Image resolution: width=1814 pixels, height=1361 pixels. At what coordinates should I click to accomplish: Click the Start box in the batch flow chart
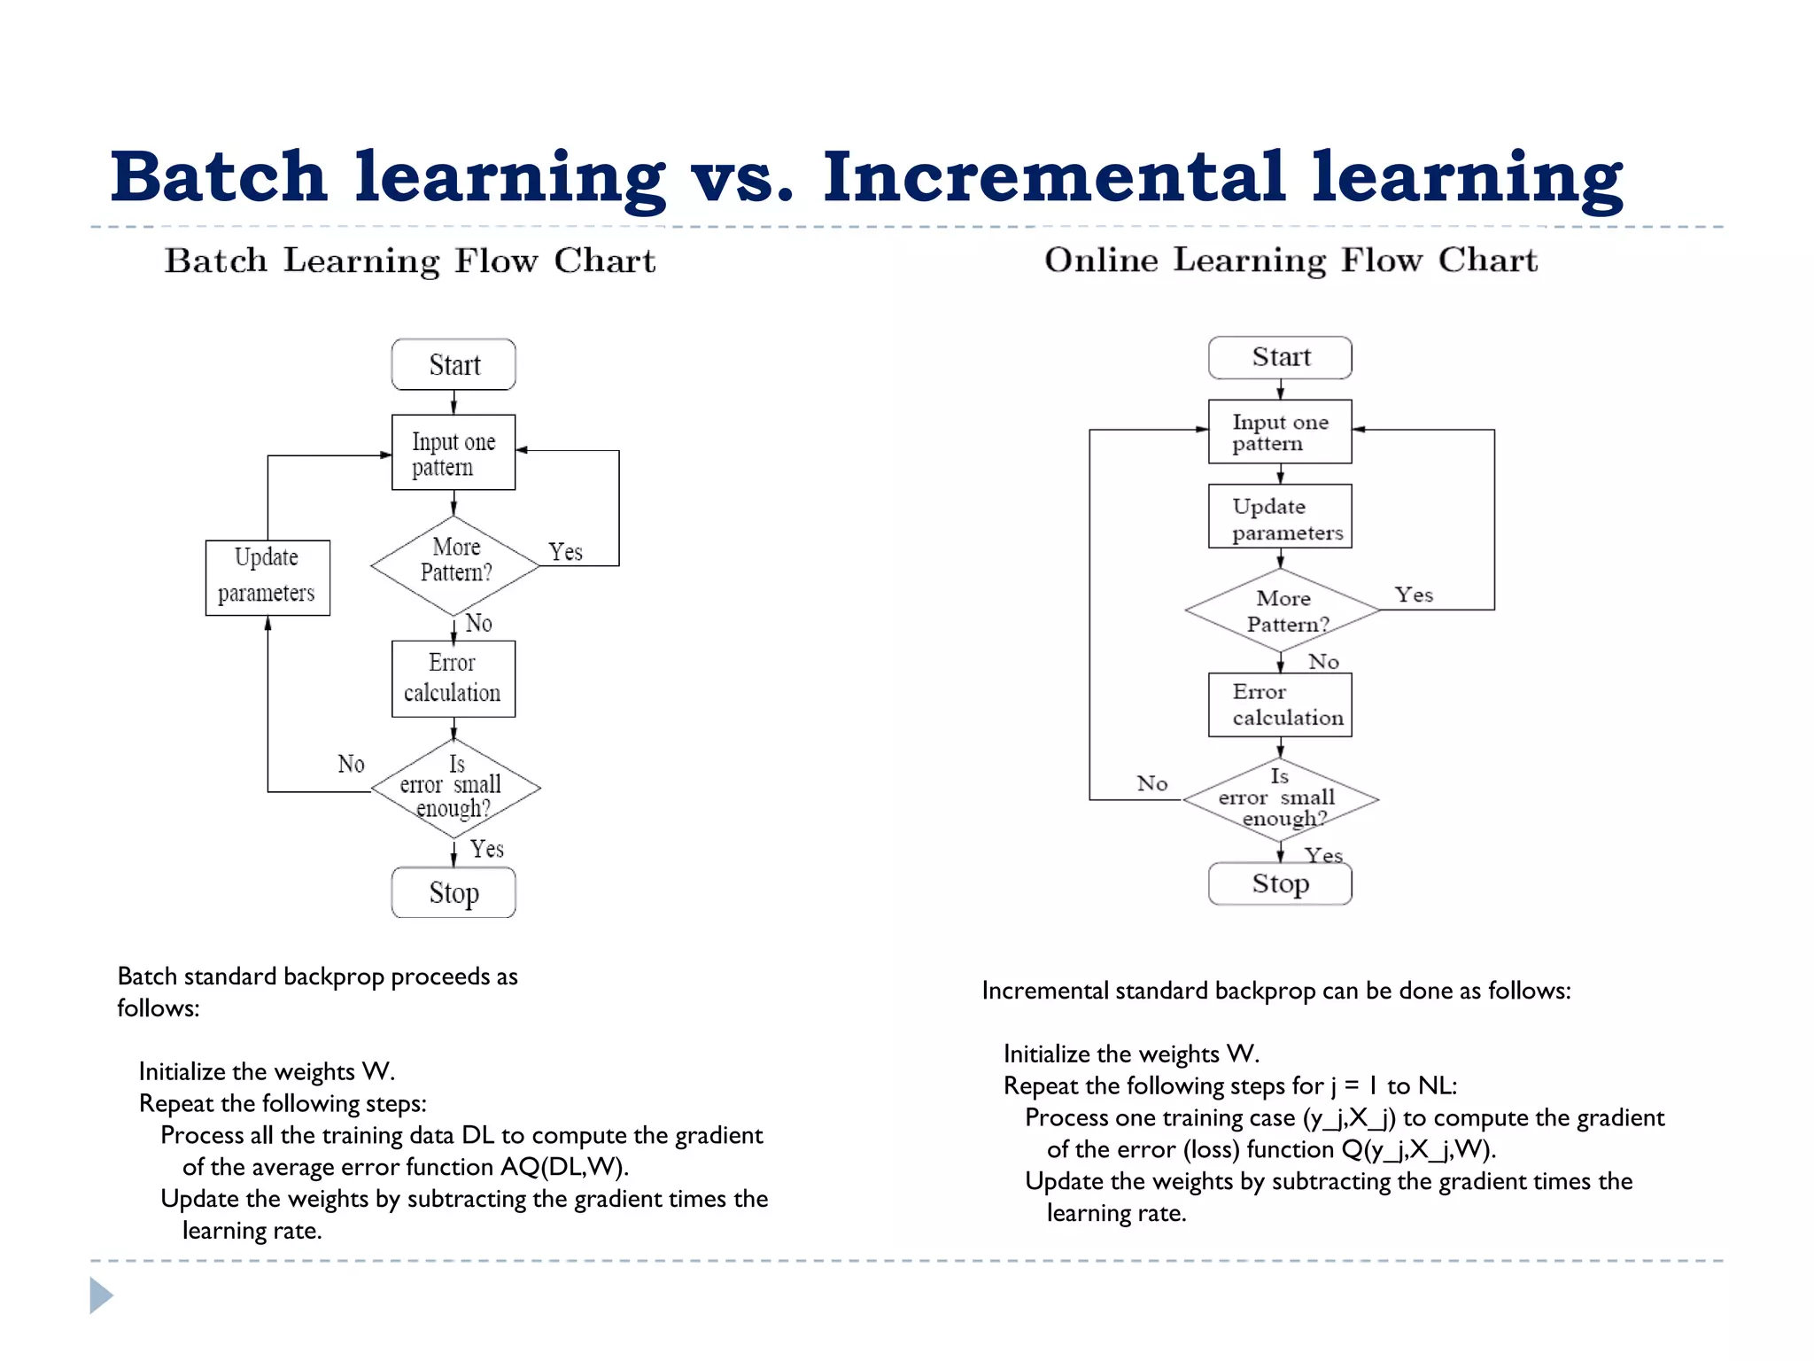point(453,364)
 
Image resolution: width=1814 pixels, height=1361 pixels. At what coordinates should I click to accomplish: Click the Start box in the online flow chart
point(1280,357)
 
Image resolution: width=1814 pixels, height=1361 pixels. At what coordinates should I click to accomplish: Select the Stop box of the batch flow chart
point(453,892)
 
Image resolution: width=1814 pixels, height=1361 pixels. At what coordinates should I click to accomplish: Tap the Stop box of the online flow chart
point(1280,883)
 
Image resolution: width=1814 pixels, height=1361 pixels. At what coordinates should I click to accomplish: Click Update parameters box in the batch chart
point(267,578)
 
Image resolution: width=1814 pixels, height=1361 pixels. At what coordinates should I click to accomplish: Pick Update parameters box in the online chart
point(1280,517)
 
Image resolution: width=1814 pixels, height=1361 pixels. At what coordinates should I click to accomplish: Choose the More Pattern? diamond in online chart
point(1282,611)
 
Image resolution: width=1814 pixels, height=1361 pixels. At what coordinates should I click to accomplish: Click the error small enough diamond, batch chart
point(454,788)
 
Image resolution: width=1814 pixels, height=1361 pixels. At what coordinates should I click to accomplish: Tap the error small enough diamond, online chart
point(1280,798)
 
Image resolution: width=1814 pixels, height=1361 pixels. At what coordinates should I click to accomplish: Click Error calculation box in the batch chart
point(453,679)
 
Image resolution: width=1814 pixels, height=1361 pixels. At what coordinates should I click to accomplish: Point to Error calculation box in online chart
point(1280,705)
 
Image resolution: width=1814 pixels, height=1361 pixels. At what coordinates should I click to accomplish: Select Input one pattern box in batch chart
point(453,453)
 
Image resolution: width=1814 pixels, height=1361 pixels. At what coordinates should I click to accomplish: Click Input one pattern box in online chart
point(1280,432)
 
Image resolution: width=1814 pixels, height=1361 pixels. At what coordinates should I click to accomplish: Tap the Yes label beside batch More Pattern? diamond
point(565,552)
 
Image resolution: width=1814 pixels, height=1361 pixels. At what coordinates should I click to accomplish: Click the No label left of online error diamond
point(1152,783)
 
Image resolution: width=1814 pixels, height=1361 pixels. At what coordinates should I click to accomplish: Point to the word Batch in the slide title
point(219,177)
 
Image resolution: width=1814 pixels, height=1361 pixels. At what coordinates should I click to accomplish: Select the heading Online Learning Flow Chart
point(1291,261)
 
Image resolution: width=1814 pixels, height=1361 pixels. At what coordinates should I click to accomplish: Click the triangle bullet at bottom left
point(101,1295)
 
